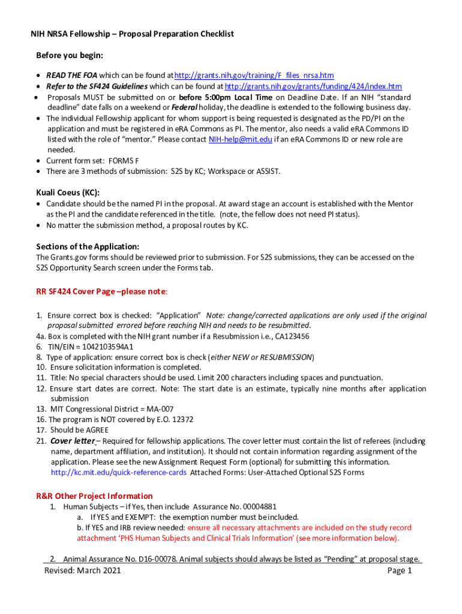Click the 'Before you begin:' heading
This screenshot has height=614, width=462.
click(x=70, y=55)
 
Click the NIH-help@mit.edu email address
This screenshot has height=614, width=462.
click(x=240, y=139)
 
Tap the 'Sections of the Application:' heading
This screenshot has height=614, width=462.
click(x=88, y=246)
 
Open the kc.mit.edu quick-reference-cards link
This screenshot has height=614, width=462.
click(x=119, y=472)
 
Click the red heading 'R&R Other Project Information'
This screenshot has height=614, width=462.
click(x=94, y=496)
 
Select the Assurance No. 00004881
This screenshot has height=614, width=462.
click(x=239, y=507)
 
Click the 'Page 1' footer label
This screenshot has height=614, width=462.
click(x=400, y=571)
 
